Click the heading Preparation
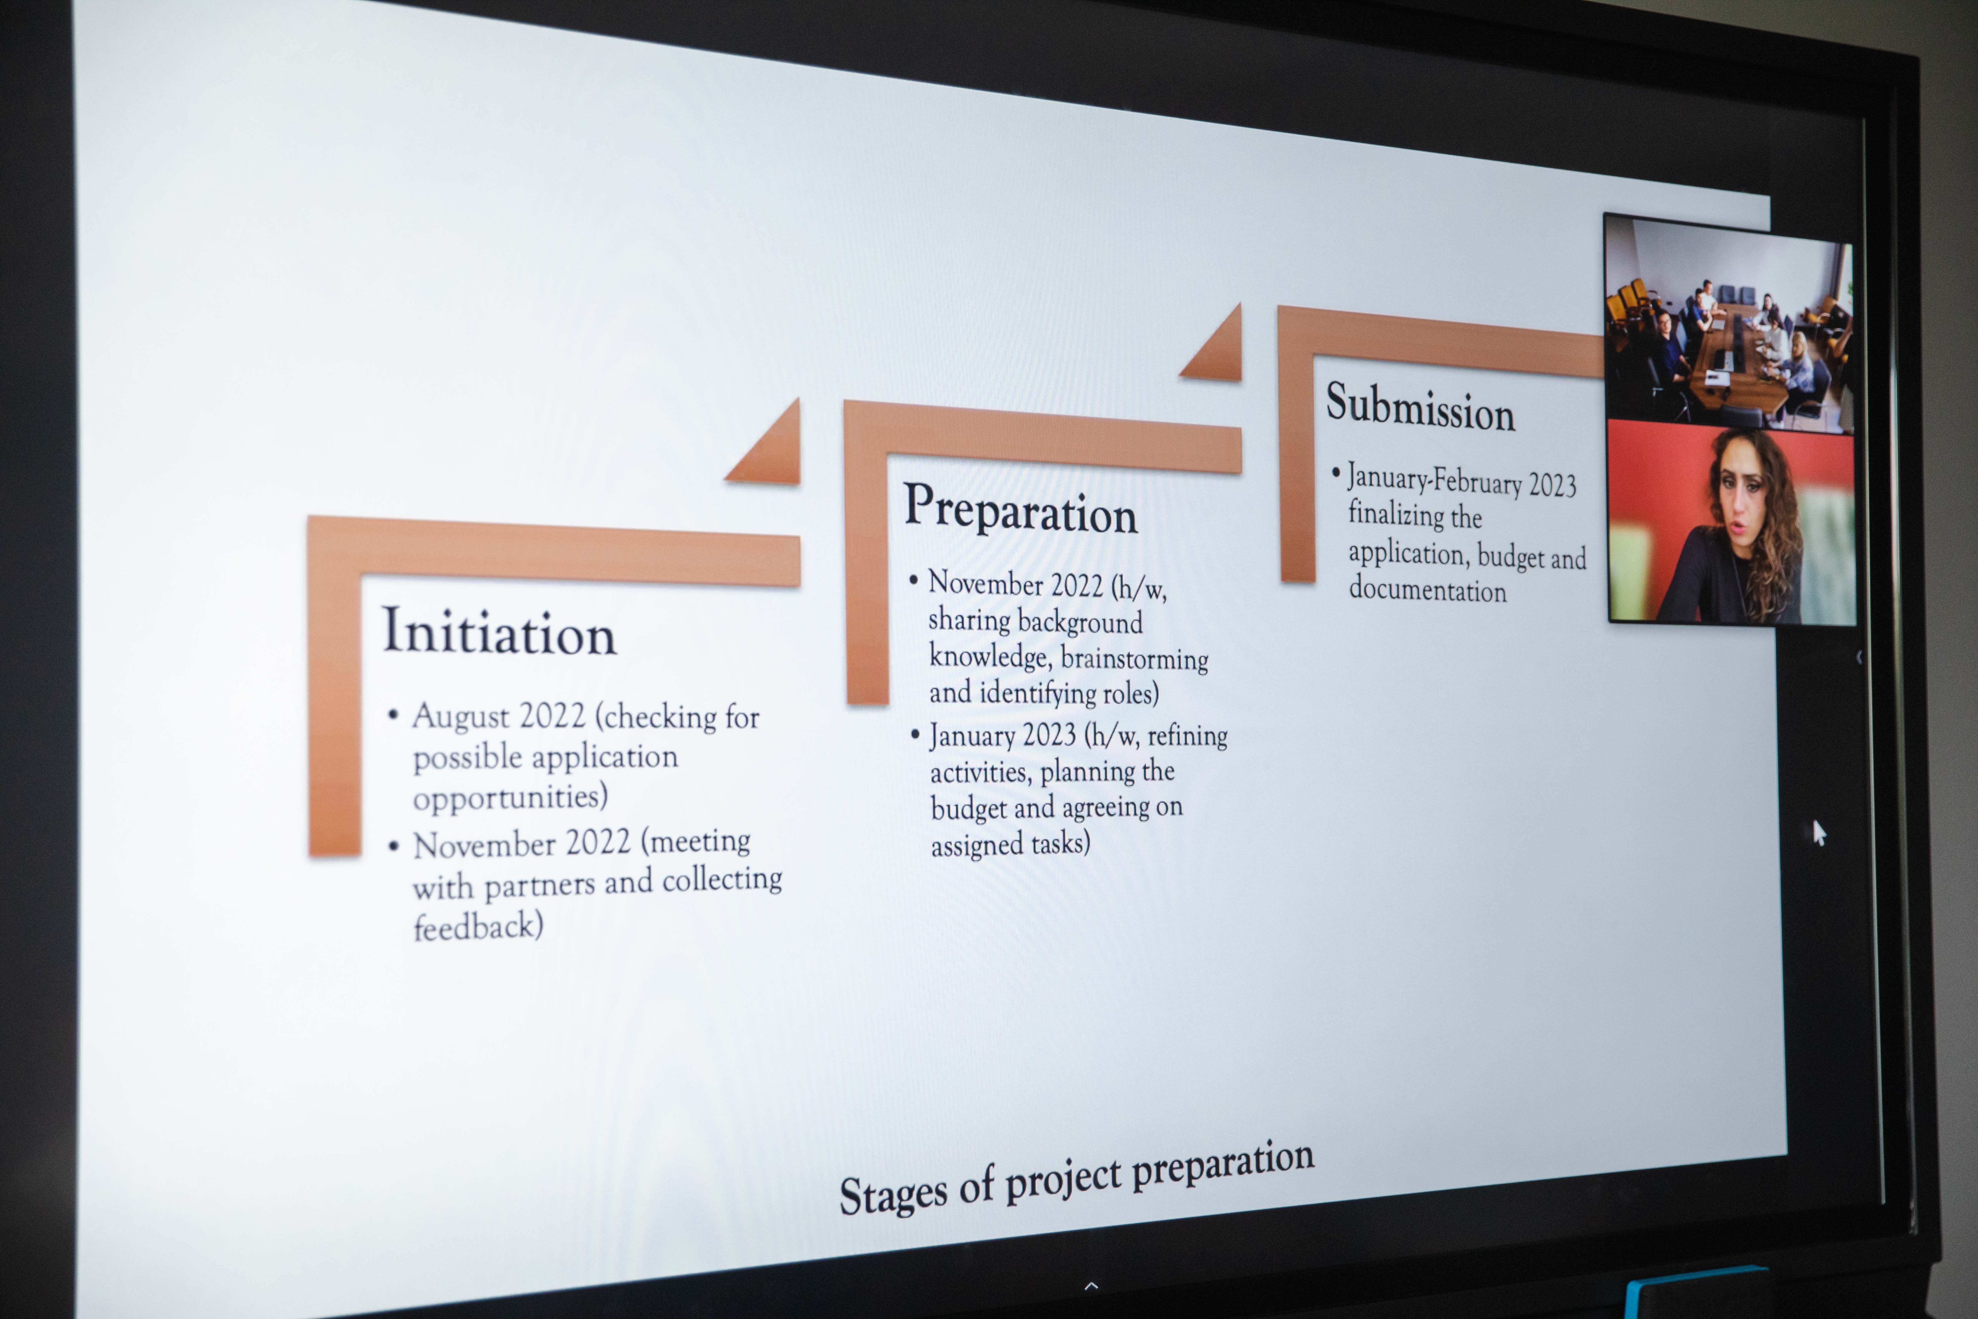pyautogui.click(x=1020, y=509)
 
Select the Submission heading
pyautogui.click(x=1421, y=407)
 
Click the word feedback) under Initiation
pyautogui.click(x=478, y=926)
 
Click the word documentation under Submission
pyautogui.click(x=1427, y=590)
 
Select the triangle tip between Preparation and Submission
pyautogui.click(x=1238, y=304)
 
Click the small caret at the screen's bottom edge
pyautogui.click(x=1092, y=1285)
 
